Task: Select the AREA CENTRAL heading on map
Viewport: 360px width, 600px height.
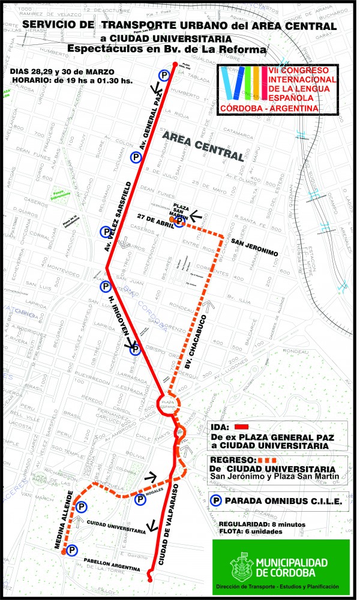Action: (203, 147)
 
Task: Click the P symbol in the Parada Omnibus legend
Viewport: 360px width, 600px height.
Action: (217, 500)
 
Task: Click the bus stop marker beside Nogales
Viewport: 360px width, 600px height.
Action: (140, 499)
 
